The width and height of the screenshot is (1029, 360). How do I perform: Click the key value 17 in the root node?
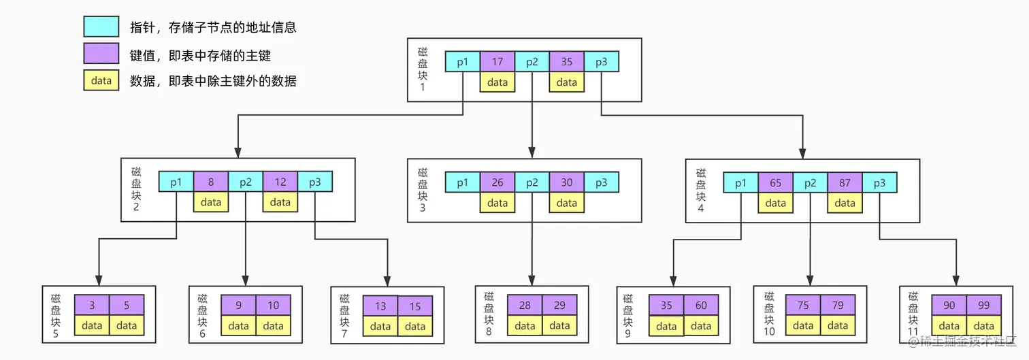[497, 62]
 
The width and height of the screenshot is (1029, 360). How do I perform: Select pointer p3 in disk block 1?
[601, 62]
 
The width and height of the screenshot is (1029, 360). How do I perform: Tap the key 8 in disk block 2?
[211, 182]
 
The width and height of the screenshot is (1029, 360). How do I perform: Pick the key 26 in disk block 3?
[497, 182]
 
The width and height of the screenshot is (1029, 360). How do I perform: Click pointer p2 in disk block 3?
[532, 182]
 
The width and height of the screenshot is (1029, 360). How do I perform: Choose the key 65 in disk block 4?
[776, 183]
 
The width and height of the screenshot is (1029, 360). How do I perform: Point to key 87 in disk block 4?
[845, 183]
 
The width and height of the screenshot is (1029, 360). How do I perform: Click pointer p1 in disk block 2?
[176, 182]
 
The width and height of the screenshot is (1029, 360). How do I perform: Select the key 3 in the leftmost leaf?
[92, 306]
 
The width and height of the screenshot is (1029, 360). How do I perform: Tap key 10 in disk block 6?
[274, 306]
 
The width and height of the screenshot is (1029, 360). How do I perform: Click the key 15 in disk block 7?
[415, 306]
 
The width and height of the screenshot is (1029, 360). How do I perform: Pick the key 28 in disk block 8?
[525, 306]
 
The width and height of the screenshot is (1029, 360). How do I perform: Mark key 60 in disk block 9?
[701, 306]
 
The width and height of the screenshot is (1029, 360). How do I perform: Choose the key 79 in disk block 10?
[838, 306]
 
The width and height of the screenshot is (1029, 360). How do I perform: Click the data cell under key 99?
[983, 326]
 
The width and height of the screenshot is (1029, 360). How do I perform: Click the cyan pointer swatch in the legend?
[101, 27]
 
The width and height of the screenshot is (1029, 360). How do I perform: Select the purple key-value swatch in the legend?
[101, 54]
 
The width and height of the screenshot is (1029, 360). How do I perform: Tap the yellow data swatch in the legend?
[101, 80]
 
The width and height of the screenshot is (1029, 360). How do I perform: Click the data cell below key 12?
[280, 202]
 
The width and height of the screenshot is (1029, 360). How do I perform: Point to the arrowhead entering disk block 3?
[532, 153]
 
